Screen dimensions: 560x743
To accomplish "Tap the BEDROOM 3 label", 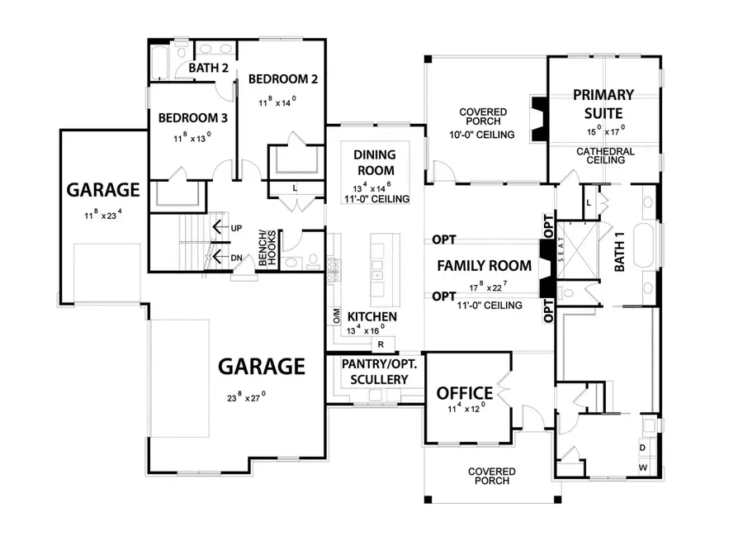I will (187, 117).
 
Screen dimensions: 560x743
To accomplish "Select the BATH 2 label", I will (208, 68).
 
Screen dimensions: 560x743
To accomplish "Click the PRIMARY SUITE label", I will (603, 103).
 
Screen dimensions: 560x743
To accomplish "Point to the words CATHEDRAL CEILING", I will (605, 155).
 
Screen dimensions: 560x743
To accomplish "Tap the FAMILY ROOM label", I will (483, 266).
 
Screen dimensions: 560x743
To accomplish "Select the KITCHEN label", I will (372, 316).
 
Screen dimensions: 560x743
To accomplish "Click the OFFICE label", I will (465, 393).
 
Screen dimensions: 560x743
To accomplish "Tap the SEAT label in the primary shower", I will (561, 256).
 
